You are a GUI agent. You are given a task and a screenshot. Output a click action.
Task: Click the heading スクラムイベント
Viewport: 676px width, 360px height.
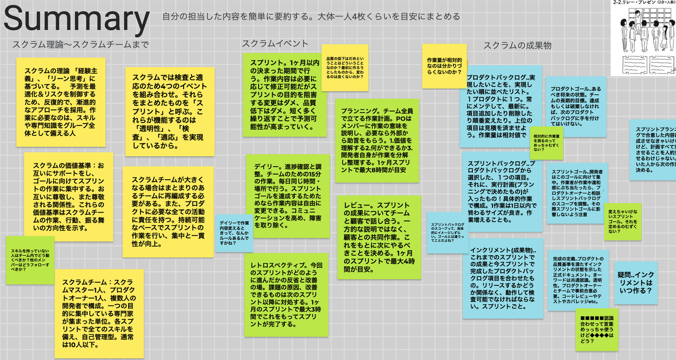click(x=275, y=44)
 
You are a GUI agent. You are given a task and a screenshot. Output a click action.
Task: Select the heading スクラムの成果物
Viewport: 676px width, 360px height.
click(x=517, y=46)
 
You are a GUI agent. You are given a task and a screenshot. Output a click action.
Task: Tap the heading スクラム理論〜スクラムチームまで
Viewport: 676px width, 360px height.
click(x=80, y=45)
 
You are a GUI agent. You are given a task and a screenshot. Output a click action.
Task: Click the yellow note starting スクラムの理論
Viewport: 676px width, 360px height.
click(x=61, y=101)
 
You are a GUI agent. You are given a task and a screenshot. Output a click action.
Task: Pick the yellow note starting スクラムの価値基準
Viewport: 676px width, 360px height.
click(x=69, y=197)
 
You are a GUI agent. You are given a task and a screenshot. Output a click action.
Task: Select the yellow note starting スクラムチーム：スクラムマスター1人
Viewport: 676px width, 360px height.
click(x=99, y=314)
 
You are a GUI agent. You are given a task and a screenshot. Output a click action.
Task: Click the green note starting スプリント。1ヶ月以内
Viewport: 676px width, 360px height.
click(x=284, y=95)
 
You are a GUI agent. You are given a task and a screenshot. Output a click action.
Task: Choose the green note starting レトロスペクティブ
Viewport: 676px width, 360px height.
click(x=286, y=295)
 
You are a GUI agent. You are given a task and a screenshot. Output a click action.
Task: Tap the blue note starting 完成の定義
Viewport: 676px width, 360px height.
click(x=578, y=280)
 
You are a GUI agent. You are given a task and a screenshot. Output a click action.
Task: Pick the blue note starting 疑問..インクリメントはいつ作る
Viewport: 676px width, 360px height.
click(x=636, y=283)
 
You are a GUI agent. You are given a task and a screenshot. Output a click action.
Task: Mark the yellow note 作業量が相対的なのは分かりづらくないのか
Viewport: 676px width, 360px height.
click(x=444, y=66)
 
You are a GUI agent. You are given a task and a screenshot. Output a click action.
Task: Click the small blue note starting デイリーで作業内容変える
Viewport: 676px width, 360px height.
click(x=234, y=233)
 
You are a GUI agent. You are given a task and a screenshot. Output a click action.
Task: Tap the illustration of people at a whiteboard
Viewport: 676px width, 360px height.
click(x=643, y=38)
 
